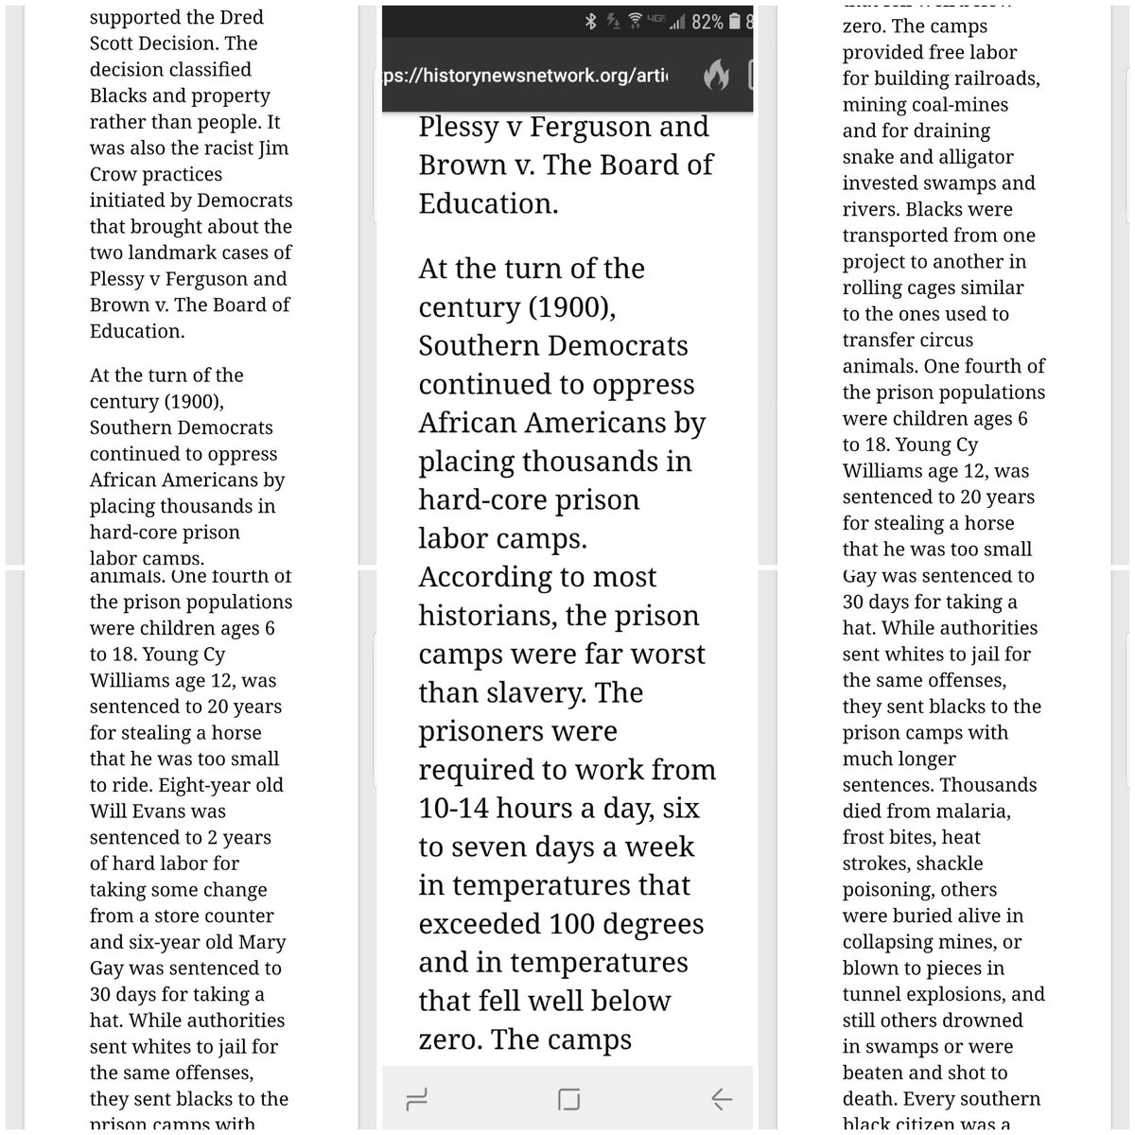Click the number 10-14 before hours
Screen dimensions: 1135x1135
(x=461, y=809)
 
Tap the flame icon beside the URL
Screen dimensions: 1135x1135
(x=716, y=76)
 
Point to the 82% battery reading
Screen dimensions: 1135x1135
(x=707, y=21)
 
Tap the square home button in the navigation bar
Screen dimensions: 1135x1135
(x=568, y=1098)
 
